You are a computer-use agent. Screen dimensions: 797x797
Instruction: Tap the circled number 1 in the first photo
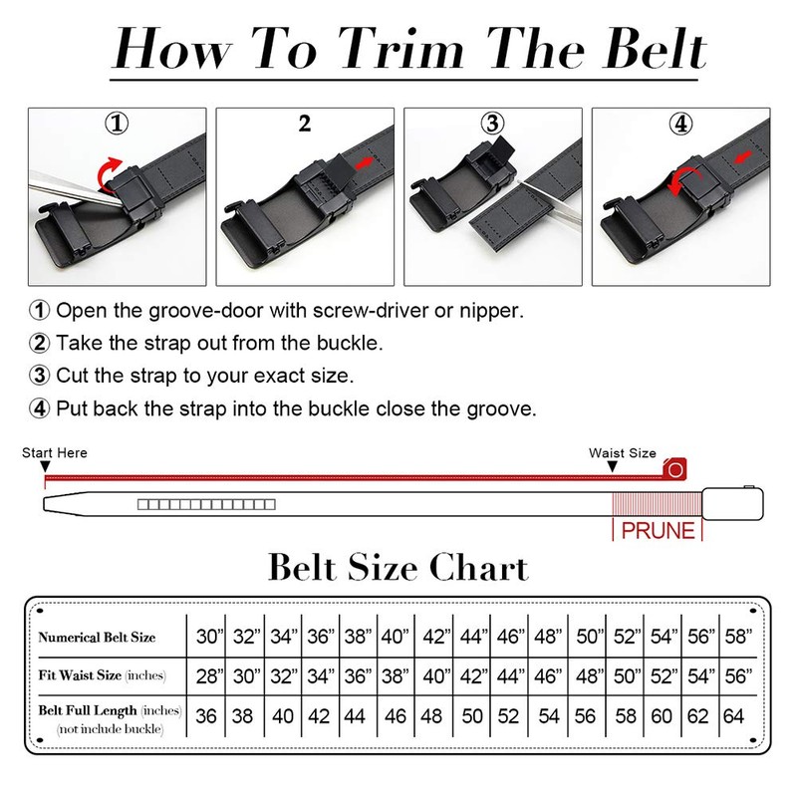coord(118,125)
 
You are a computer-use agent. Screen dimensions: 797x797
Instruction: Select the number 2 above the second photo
coord(305,125)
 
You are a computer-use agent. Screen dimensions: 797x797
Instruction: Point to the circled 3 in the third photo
coord(491,125)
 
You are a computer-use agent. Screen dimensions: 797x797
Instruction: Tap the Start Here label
coord(55,453)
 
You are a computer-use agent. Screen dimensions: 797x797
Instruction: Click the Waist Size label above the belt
coord(622,453)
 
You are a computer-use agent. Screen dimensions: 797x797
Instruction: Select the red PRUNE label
coord(658,530)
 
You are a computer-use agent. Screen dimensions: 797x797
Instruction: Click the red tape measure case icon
coord(676,467)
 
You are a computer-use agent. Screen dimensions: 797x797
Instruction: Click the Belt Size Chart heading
coord(398,567)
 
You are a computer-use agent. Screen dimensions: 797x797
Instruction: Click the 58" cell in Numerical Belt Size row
coord(737,636)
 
